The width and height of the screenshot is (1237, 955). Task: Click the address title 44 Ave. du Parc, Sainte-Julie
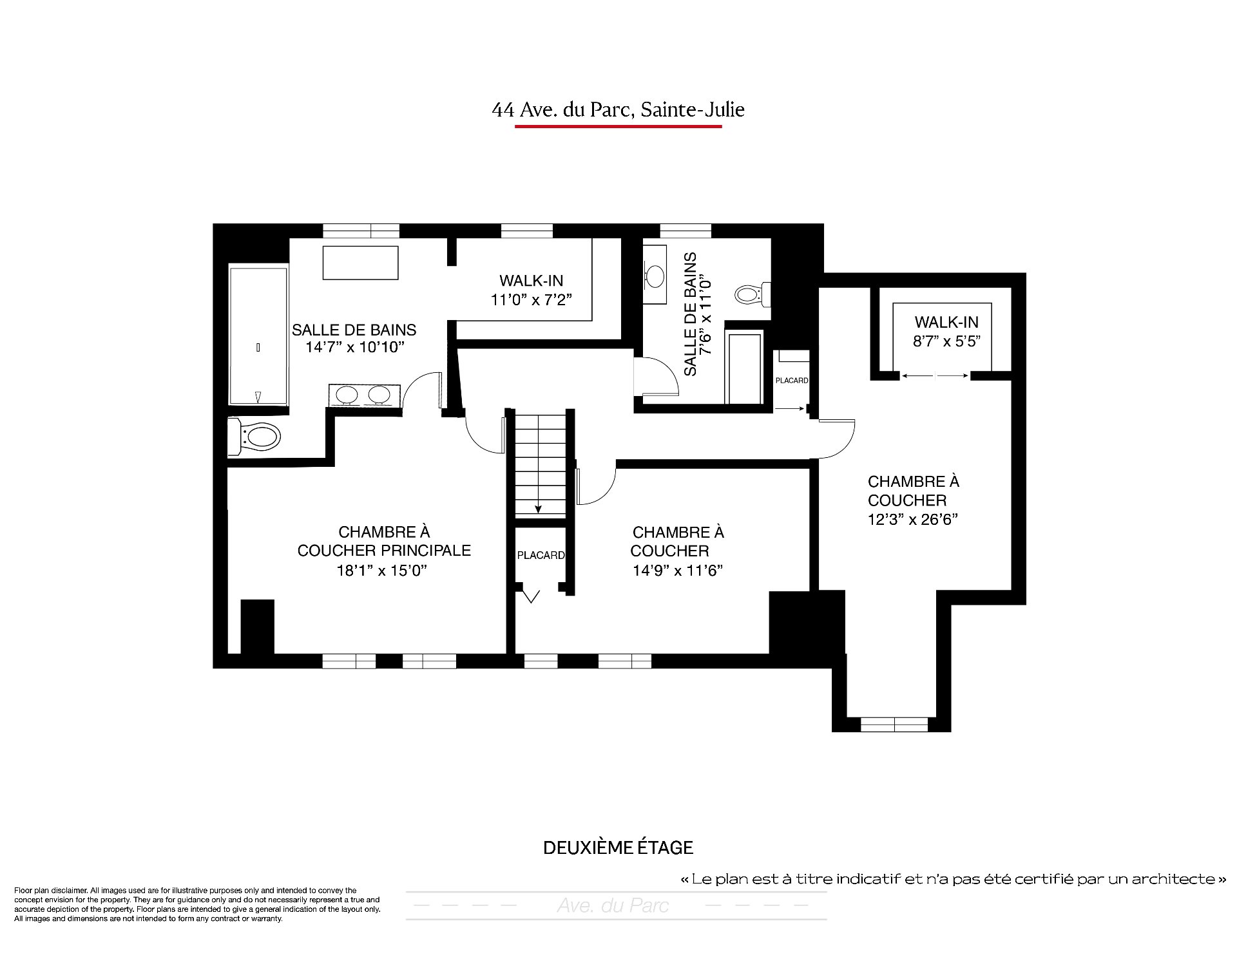[x=618, y=110]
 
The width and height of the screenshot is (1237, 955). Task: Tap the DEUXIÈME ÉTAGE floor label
[x=618, y=847]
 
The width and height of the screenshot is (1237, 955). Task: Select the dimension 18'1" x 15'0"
[x=382, y=571]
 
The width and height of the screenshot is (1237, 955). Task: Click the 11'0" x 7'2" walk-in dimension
[x=531, y=300]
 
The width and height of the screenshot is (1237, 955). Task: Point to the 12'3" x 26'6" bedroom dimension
[x=913, y=519]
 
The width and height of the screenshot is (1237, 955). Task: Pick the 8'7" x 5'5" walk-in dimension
[x=946, y=341]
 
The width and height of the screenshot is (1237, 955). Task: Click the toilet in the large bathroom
[x=255, y=437]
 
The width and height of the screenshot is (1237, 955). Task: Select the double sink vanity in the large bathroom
[x=365, y=395]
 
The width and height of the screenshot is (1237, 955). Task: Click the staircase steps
[x=540, y=464]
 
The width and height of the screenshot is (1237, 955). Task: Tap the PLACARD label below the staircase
[x=541, y=555]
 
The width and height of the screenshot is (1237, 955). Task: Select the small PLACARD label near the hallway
[x=792, y=381]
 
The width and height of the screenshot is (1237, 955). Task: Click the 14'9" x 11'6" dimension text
[x=678, y=571]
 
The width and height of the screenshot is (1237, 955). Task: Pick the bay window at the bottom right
[x=894, y=724]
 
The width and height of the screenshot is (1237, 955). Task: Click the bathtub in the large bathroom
[x=258, y=336]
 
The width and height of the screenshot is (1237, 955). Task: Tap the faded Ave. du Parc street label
[x=613, y=906]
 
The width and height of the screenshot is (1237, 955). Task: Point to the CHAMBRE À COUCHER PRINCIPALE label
[x=384, y=542]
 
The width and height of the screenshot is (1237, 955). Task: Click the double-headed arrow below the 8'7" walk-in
[x=935, y=376]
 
